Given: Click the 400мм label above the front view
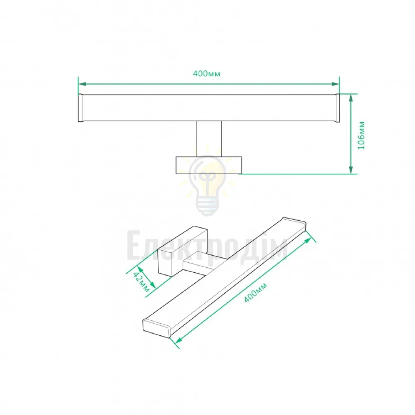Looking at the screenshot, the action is (206, 73).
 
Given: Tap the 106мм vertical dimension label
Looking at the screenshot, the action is (361, 136).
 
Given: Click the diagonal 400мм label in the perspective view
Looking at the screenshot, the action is (255, 293).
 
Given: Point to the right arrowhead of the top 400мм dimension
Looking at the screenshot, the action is (336, 84).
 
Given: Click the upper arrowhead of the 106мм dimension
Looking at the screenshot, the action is (351, 98).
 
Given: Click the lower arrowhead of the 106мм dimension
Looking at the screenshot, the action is (351, 170).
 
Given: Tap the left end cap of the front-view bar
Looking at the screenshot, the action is (81, 108).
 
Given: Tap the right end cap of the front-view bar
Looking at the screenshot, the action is (337, 108).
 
